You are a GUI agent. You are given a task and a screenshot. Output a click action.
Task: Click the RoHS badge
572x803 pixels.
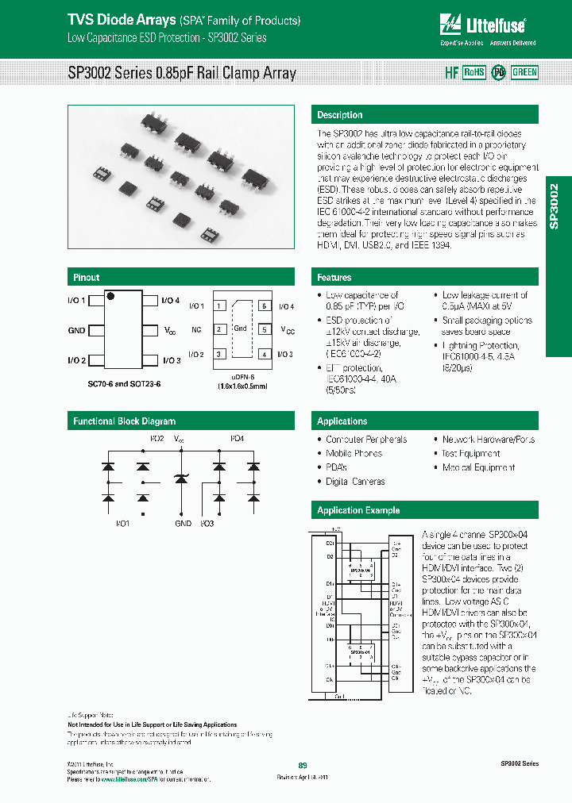tap(473, 72)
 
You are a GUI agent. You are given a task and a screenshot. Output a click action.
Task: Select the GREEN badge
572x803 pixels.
tap(524, 72)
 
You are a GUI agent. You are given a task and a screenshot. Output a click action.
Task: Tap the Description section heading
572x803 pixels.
tap(340, 115)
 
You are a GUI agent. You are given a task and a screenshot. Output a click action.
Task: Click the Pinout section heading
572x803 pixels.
tap(87, 278)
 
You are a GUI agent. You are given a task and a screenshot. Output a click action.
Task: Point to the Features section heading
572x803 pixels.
tap(334, 278)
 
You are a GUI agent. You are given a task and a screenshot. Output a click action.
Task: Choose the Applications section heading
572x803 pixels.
tap(342, 421)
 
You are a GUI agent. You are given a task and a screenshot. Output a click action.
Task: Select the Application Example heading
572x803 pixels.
tap(358, 510)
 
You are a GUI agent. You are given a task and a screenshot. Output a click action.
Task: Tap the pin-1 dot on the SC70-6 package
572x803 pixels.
tap(111, 297)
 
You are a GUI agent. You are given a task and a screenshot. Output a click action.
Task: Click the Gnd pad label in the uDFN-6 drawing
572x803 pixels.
tap(241, 328)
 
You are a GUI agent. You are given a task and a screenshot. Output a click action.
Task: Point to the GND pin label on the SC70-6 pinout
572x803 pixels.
tap(76, 329)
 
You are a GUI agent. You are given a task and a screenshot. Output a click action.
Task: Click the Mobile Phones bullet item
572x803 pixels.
tap(354, 454)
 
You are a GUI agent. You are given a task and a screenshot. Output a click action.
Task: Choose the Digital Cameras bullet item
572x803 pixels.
tap(355, 482)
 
